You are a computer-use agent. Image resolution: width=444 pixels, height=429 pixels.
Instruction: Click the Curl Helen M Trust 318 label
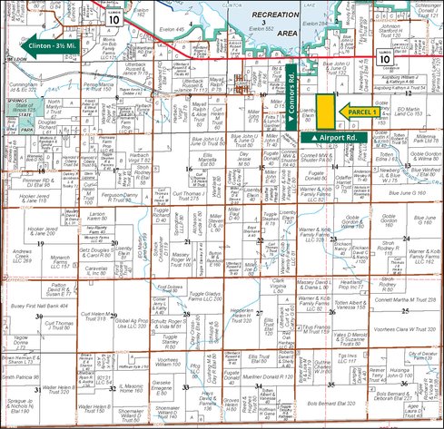tap(95, 315)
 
